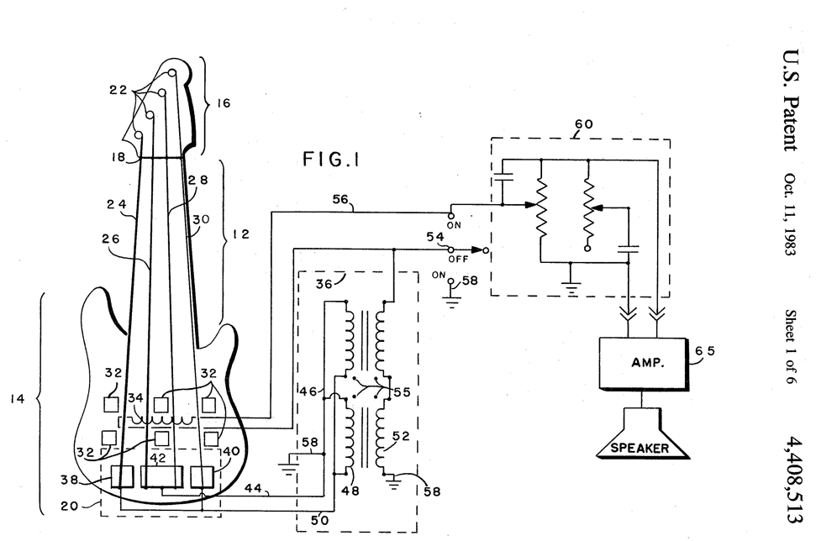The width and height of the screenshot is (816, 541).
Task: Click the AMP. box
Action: [x=643, y=363]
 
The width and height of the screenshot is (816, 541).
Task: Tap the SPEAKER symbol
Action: [x=643, y=433]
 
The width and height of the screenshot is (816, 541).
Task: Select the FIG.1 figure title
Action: [x=331, y=159]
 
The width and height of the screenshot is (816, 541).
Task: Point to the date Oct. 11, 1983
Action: [x=790, y=214]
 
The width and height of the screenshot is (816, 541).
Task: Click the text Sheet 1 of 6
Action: [x=790, y=346]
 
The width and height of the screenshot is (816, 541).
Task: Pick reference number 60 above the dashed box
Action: [x=583, y=124]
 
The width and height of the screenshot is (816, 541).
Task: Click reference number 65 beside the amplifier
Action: [x=705, y=351]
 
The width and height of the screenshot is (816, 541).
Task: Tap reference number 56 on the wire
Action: [x=340, y=199]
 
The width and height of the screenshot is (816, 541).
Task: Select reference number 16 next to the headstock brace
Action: [x=224, y=103]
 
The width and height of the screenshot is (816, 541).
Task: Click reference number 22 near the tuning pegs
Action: [x=118, y=90]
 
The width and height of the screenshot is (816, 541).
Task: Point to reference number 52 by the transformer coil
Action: [x=401, y=436]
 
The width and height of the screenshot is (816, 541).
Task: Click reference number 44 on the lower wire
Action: [x=254, y=487]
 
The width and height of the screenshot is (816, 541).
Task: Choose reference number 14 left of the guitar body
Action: [x=18, y=399]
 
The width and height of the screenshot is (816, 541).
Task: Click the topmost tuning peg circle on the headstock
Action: [x=172, y=72]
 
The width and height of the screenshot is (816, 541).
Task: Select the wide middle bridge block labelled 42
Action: [x=162, y=477]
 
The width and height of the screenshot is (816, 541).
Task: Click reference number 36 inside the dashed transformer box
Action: [x=324, y=284]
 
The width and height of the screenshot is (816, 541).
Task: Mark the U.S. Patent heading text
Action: [x=791, y=101]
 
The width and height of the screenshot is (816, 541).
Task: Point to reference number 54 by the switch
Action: [x=435, y=237]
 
